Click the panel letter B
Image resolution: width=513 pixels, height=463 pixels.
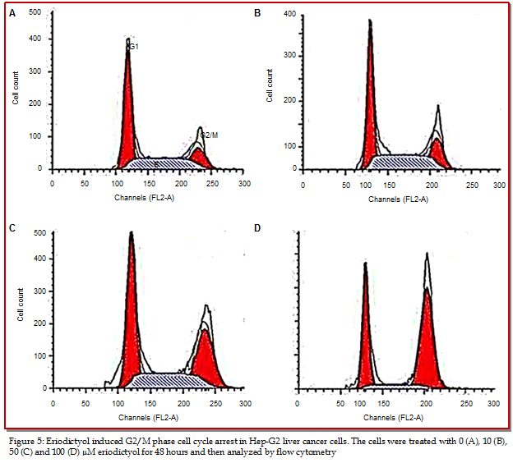(x=257, y=14)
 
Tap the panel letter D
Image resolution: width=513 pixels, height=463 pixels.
(x=257, y=227)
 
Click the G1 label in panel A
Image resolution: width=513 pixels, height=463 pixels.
(x=134, y=48)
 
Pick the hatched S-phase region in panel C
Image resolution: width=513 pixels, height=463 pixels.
(x=156, y=379)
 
